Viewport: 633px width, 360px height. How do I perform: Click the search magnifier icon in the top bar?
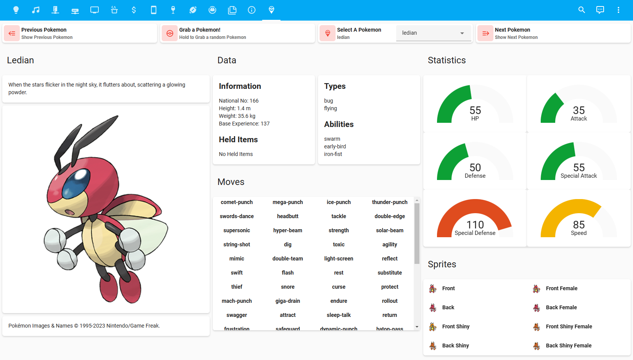pos(582,10)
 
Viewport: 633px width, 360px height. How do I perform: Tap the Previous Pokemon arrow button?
pos(12,34)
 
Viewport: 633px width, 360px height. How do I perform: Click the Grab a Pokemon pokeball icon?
pos(170,34)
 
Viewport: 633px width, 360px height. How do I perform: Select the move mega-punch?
pos(288,202)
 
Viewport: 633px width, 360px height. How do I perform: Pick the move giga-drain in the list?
pos(288,301)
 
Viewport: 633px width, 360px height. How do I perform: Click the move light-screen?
pos(339,259)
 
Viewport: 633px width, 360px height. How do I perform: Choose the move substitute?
pos(389,273)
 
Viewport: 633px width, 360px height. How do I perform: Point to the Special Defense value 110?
pos(475,225)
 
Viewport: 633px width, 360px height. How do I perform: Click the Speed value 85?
pos(578,225)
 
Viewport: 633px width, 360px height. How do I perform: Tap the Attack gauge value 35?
pos(578,110)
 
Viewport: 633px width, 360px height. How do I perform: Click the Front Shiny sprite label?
pos(456,326)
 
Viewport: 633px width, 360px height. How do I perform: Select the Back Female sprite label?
pos(561,307)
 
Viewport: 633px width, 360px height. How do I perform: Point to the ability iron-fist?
pos(333,154)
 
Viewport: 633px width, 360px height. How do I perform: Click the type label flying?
pos(331,108)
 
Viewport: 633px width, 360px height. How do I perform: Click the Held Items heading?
pos(238,140)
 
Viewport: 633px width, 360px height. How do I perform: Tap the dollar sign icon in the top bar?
pos(134,10)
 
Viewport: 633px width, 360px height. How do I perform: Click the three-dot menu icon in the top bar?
pos(618,10)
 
